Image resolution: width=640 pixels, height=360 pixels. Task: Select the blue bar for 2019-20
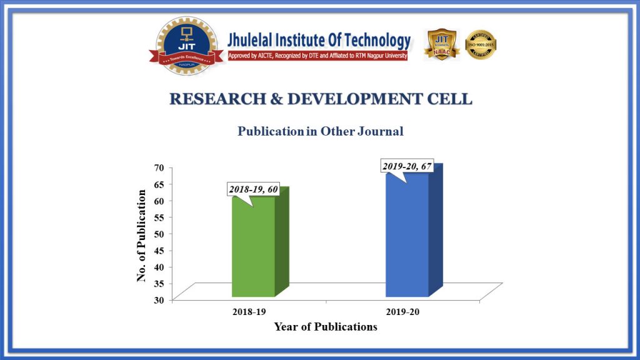click(x=407, y=237)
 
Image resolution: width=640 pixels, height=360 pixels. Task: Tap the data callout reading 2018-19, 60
click(x=253, y=189)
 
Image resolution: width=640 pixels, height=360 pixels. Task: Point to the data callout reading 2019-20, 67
click(x=407, y=166)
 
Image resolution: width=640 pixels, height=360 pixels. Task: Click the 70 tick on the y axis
click(x=159, y=167)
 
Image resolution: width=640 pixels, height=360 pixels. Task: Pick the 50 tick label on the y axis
click(x=159, y=233)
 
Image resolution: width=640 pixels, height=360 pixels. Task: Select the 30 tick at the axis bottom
click(x=159, y=299)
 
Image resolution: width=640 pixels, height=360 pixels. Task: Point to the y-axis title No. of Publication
click(x=142, y=235)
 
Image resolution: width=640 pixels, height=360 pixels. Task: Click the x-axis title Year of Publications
click(x=325, y=327)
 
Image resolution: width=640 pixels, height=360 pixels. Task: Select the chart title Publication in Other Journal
click(x=320, y=131)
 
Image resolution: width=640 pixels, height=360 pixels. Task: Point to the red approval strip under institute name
click(x=318, y=56)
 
